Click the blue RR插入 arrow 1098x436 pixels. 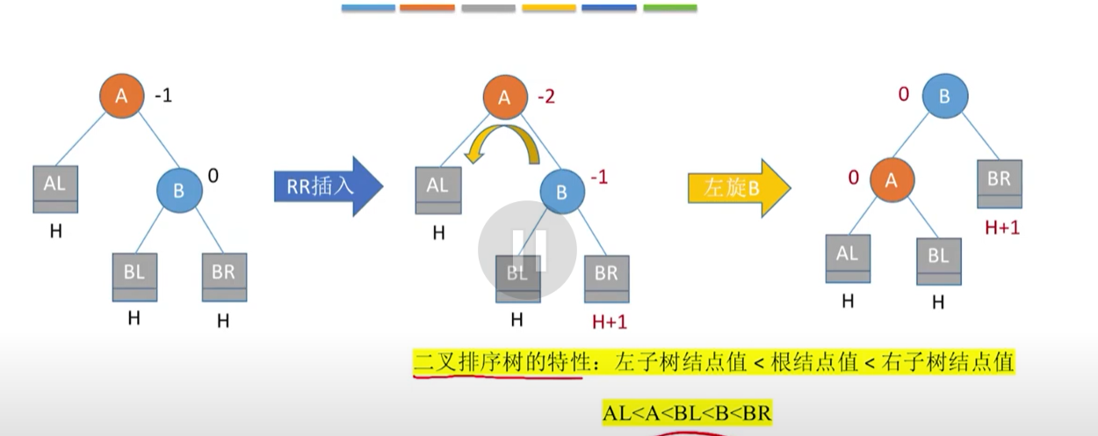tap(327, 186)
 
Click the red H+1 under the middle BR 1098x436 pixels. tap(610, 322)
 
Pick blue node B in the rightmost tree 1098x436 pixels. tap(944, 96)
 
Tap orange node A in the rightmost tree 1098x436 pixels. tap(892, 180)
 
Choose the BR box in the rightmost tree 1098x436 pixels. tap(999, 184)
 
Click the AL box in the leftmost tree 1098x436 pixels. tap(55, 189)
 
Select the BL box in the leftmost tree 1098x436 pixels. tap(134, 277)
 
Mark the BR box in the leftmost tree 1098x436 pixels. tap(223, 277)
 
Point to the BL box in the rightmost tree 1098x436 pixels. tap(938, 260)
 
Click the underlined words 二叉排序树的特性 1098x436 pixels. tap(497, 362)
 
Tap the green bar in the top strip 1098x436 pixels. tap(669, 8)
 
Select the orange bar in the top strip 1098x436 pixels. tap(427, 8)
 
